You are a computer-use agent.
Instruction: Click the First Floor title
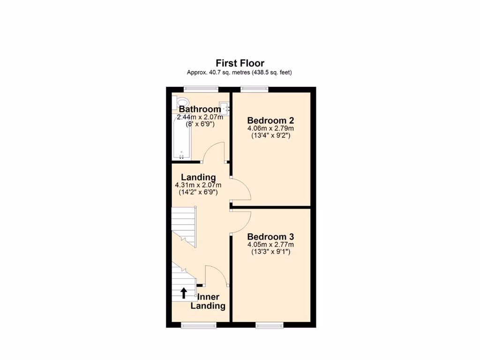coord(240,63)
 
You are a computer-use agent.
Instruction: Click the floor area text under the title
coord(240,72)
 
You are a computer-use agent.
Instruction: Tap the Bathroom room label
coord(199,109)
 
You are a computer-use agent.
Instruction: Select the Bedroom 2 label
coord(270,120)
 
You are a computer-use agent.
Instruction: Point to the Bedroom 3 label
coord(270,237)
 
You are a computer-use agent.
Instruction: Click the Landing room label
coord(198,177)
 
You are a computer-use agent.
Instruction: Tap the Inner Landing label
coord(208,301)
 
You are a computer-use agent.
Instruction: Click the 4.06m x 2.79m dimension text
coord(270,128)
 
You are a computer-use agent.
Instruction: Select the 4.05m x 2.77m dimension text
coord(270,245)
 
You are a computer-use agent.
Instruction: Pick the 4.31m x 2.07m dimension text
coord(198,185)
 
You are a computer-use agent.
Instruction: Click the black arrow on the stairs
coord(184,293)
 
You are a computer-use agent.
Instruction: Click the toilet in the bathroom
coord(180,102)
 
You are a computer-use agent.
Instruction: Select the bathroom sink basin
coord(225,108)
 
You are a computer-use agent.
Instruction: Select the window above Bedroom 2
coord(255,88)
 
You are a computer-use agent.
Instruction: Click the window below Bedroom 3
coord(270,324)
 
